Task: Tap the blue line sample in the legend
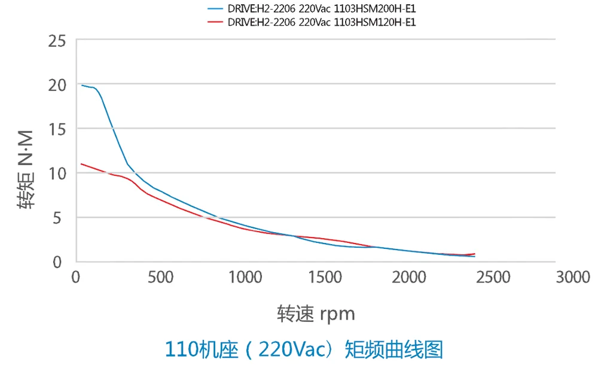tap(215, 10)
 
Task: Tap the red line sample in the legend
tap(215, 23)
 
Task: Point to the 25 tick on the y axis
tap(58, 41)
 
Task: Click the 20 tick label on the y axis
tap(58, 86)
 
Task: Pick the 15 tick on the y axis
tap(58, 129)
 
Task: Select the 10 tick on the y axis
tap(58, 174)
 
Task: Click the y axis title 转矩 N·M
tap(26, 171)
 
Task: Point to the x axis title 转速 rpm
tap(316, 313)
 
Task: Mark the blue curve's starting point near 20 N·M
tap(82, 85)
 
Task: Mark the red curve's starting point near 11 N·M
tap(81, 164)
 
